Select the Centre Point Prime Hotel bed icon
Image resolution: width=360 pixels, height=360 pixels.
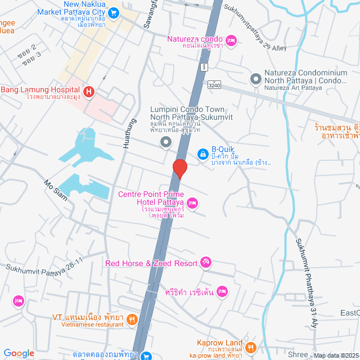[x=192, y=203]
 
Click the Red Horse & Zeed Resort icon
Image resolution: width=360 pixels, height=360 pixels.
[x=206, y=263]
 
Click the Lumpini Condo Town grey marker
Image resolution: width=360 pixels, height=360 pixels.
[x=165, y=142]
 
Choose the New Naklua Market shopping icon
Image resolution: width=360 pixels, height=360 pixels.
[x=113, y=11]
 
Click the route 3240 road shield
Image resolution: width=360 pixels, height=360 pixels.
[x=214, y=85]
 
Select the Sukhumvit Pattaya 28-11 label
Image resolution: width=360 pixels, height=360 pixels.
[x=45, y=264]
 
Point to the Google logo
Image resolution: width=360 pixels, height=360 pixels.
[x=19, y=353]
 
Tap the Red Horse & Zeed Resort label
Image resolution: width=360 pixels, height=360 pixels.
[x=151, y=263]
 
